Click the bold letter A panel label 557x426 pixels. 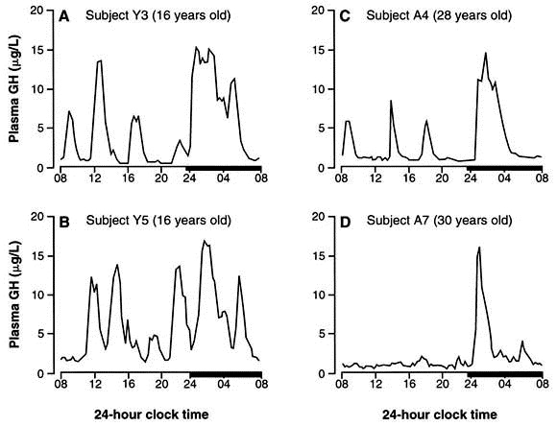[x=66, y=16]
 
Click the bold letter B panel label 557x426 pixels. [x=66, y=222]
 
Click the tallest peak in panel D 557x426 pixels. [x=478, y=248]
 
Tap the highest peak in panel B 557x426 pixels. [x=205, y=241]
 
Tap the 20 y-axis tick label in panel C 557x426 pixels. [x=324, y=12]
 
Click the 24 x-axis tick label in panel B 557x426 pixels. [x=190, y=388]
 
